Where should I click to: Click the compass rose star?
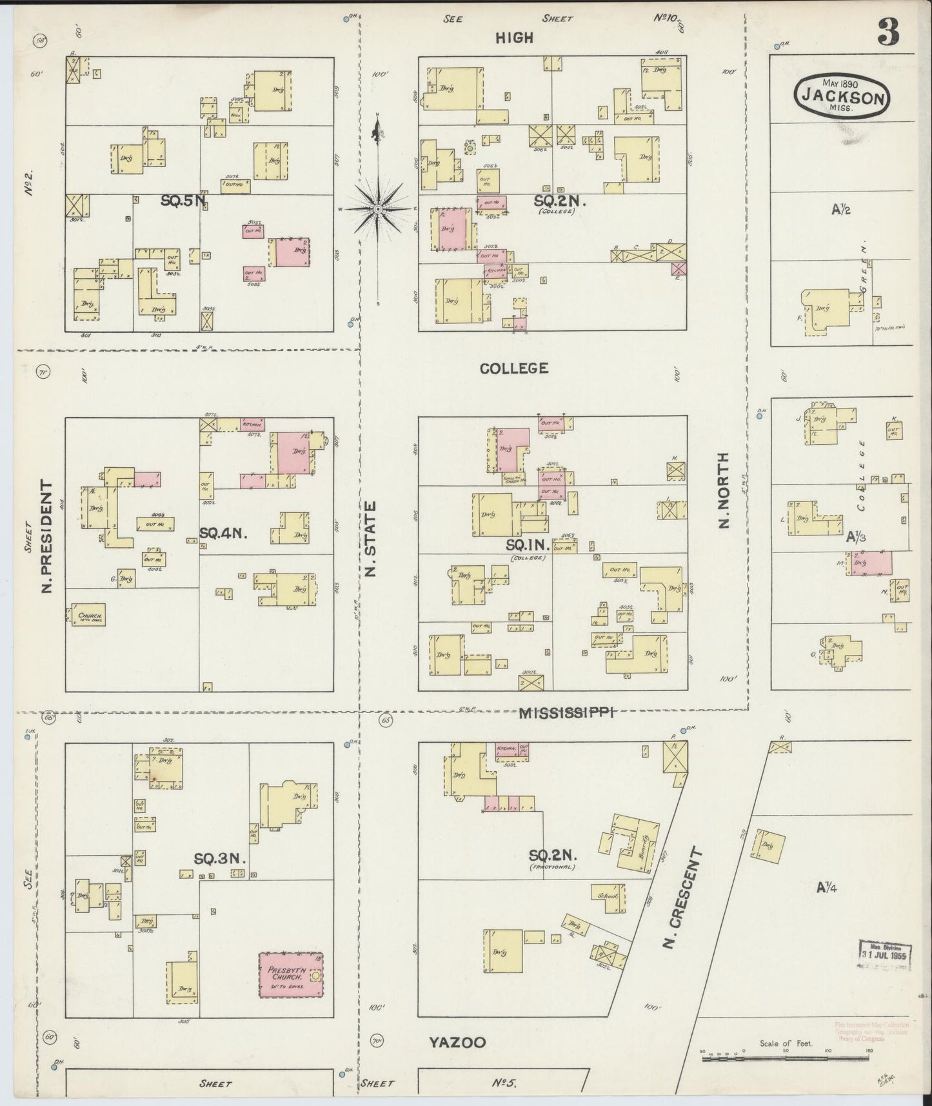coord(379,208)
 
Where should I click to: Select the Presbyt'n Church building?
coord(291,974)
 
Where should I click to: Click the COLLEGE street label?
coord(514,368)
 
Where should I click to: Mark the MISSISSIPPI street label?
coord(566,712)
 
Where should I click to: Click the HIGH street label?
coord(514,38)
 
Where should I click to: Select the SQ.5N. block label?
coord(183,201)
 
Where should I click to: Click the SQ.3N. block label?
coord(220,858)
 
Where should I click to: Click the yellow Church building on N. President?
coord(88,615)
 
